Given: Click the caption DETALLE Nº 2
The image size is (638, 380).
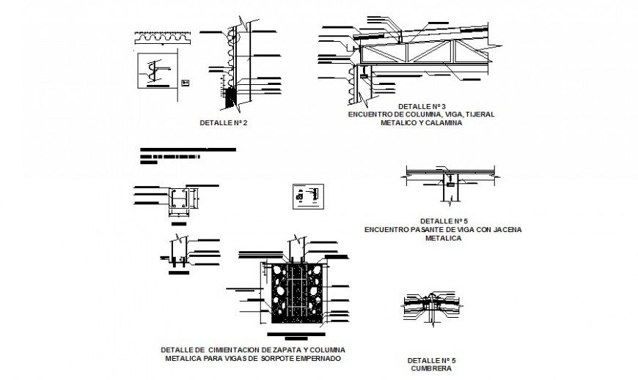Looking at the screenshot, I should coord(224,122).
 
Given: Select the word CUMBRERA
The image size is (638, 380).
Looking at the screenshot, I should coord(431,369).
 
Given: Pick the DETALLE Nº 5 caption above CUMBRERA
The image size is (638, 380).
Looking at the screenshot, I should coord(431,360).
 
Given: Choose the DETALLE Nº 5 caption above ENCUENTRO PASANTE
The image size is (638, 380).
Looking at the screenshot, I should coord(444,220).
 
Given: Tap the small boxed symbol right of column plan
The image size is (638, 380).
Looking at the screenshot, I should coord(306,196).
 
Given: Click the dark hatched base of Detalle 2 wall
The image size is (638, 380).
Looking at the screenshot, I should coord(233,97).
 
